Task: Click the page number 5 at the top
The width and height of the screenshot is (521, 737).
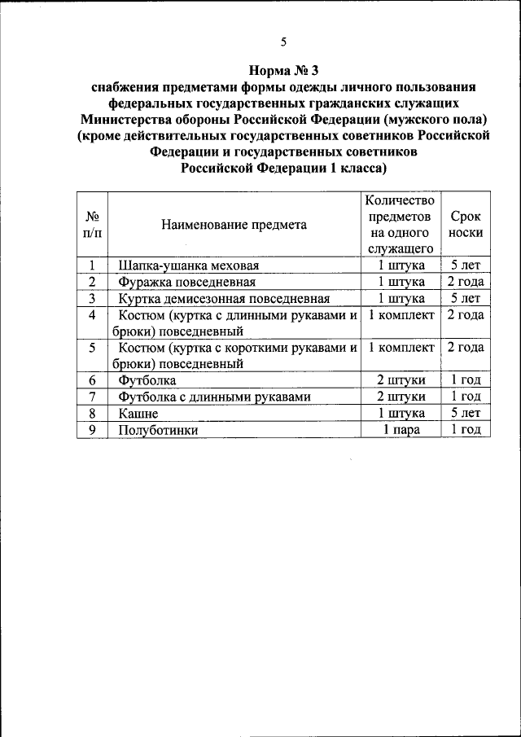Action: click(x=283, y=42)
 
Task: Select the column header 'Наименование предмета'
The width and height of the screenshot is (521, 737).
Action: click(x=234, y=225)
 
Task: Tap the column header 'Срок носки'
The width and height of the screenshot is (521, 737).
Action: click(x=466, y=225)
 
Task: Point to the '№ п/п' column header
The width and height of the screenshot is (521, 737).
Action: click(x=92, y=225)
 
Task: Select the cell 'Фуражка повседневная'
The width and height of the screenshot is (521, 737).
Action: click(x=187, y=282)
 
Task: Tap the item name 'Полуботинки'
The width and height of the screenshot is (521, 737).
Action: click(x=158, y=429)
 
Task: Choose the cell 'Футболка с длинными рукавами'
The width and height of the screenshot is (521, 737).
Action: click(x=215, y=397)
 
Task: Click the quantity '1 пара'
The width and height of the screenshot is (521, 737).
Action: click(x=401, y=429)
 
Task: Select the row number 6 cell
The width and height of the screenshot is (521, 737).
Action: click(x=92, y=380)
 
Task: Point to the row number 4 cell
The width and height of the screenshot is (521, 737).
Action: click(x=92, y=315)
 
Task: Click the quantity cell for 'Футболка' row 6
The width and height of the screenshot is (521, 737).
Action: click(x=401, y=380)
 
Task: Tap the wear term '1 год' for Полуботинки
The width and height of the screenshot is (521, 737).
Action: click(x=466, y=429)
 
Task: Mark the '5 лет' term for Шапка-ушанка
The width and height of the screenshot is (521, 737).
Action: click(x=466, y=265)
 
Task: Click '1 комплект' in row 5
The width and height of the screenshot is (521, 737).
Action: click(x=401, y=348)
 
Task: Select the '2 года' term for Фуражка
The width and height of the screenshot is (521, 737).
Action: click(x=466, y=282)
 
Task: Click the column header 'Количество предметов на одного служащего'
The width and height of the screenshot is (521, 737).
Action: click(x=401, y=225)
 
